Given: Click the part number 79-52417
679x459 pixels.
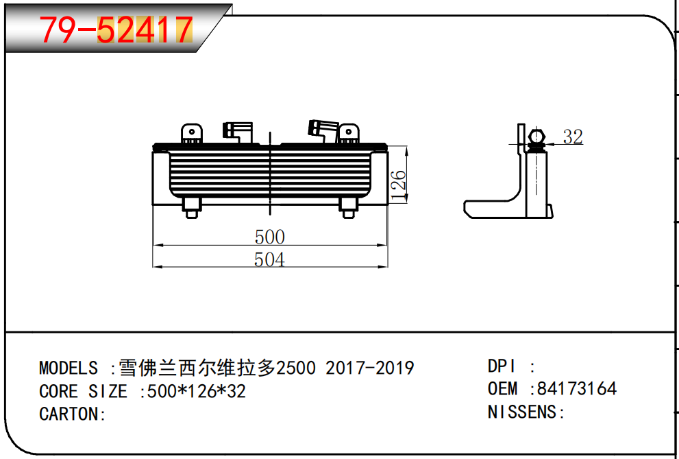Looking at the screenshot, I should tap(115, 30).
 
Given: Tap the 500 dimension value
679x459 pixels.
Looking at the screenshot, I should tap(269, 237).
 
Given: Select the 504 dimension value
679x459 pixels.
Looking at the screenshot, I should tap(269, 259).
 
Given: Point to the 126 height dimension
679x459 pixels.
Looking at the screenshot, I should tap(398, 184).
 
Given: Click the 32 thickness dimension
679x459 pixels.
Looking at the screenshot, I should tap(572, 137).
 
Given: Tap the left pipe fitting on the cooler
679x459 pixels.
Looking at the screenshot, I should tap(236, 130).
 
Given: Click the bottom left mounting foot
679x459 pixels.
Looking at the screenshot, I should tap(191, 207).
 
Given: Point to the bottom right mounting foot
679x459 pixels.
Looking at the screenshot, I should tap(348, 207).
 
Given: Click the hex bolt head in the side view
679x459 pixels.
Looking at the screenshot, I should tap(536, 137).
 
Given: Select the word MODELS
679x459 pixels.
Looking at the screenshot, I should tap(69, 368).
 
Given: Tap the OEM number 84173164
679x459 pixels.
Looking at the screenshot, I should tap(577, 388).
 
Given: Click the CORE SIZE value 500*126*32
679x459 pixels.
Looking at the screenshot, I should tap(193, 392).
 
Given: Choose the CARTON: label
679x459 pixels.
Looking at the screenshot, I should tap(73, 414).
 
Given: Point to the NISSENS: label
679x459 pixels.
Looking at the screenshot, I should tap(526, 412).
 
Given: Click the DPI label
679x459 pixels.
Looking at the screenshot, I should tap(502, 366).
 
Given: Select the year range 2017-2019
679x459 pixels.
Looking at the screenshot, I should tap(369, 368).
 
